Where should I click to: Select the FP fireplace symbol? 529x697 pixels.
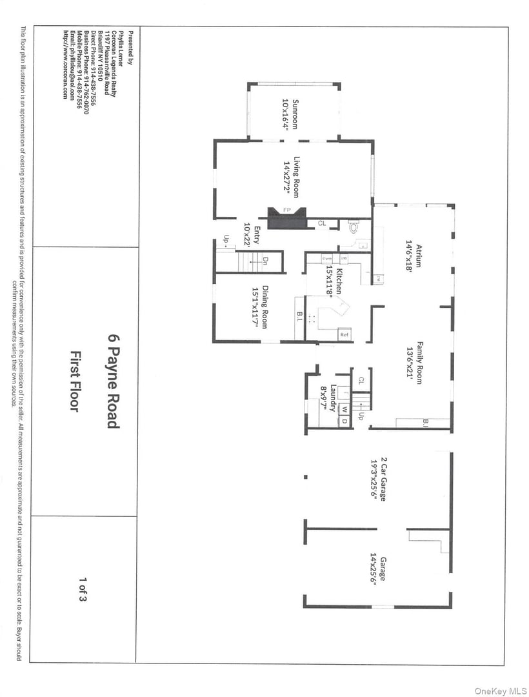tap(287, 210)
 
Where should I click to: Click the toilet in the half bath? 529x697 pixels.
tap(353, 227)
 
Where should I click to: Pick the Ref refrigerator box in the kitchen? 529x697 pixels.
tap(344, 335)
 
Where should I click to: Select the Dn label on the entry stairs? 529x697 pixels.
tap(265, 260)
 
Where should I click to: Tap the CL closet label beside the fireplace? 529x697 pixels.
tap(321, 224)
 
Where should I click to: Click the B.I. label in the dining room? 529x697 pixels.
tap(300, 317)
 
